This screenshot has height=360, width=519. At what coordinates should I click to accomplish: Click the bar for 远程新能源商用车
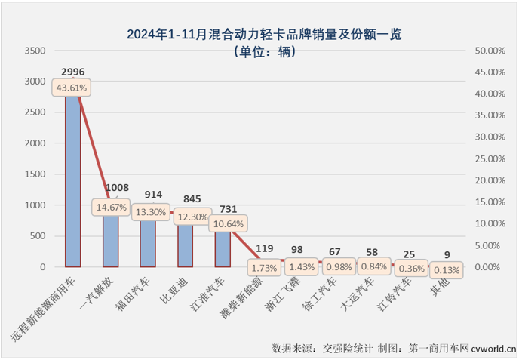[73, 181]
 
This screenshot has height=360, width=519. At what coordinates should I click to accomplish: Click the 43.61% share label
[73, 88]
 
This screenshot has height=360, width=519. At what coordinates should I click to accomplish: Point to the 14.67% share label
[111, 206]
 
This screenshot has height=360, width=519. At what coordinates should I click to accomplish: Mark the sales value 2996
[73, 72]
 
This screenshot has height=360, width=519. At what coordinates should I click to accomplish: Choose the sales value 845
[185, 200]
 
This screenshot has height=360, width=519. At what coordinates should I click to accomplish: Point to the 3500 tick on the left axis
[35, 51]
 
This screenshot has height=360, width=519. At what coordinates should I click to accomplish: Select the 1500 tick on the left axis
[35, 174]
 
